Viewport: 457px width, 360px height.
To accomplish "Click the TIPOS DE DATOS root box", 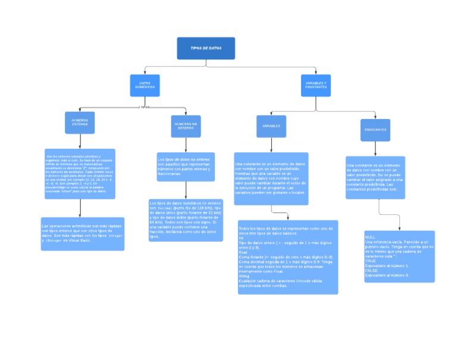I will click(x=205, y=48).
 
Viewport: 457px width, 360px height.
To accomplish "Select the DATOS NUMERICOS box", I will click(x=145, y=86).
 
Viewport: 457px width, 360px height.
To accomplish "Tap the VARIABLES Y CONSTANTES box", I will click(x=315, y=85).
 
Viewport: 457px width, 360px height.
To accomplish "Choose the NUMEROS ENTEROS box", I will click(x=80, y=123).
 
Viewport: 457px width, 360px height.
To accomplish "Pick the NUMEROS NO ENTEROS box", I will click(x=186, y=126).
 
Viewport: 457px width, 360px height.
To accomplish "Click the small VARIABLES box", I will click(x=271, y=126).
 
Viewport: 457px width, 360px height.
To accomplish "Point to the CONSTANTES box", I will click(x=375, y=130).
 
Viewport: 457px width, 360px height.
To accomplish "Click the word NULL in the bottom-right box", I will click(x=370, y=237).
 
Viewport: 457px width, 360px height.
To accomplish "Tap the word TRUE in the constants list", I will click(x=371, y=261).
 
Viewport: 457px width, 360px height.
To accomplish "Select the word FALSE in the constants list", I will click(x=371, y=271).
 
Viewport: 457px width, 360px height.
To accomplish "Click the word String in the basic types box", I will click(x=244, y=276).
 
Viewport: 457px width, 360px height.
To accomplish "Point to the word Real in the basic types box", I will click(x=243, y=252).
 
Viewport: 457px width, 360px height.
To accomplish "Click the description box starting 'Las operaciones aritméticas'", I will click(x=83, y=233).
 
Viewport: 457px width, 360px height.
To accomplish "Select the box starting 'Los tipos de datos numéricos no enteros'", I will click(x=186, y=220).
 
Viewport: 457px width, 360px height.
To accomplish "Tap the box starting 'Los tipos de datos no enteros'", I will click(x=186, y=166).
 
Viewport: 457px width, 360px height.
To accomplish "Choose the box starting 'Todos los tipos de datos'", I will click(x=287, y=257).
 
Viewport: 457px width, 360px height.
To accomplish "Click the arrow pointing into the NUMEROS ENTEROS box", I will click(x=80, y=110).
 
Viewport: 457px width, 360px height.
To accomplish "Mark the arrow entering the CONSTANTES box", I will click(x=375, y=117).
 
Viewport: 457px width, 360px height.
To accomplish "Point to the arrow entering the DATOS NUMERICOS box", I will click(x=145, y=73).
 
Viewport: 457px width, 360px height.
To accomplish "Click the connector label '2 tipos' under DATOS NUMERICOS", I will click(x=144, y=108).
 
